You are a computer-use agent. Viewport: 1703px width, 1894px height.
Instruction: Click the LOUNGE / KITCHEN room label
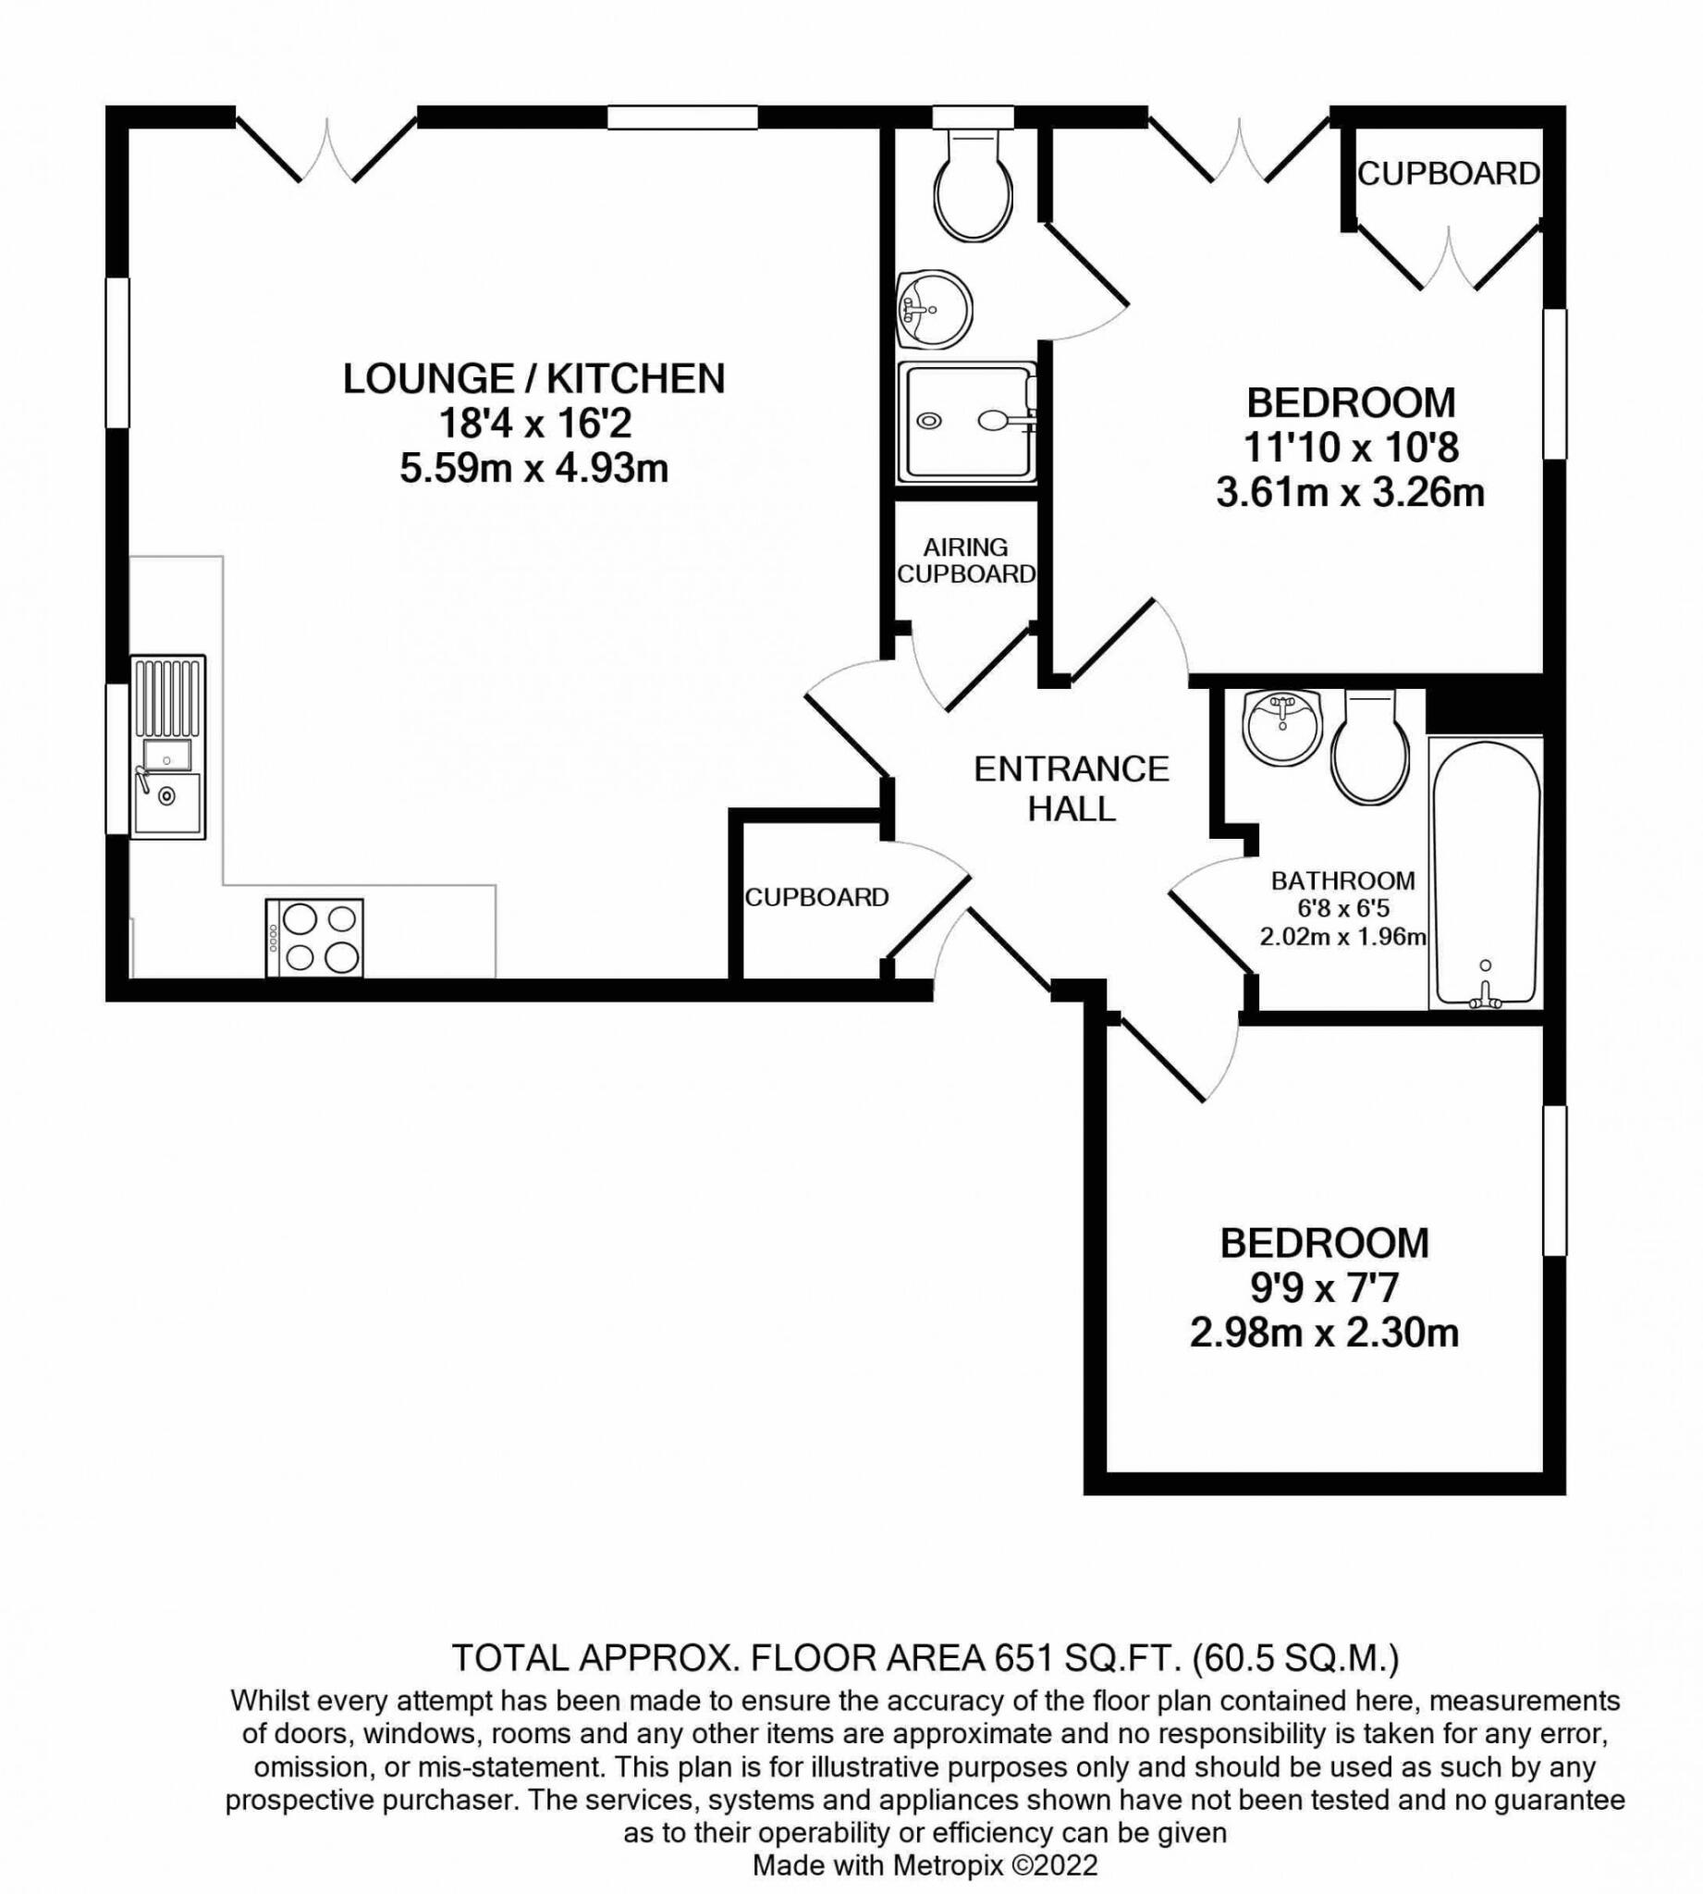533,379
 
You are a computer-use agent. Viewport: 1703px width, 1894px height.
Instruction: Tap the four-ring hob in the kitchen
314,939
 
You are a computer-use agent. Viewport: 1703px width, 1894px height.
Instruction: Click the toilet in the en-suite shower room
974,187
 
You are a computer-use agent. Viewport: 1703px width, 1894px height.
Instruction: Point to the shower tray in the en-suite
966,423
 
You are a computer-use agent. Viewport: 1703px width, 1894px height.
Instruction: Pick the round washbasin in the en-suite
934,309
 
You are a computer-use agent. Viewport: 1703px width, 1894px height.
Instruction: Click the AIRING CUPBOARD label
965,560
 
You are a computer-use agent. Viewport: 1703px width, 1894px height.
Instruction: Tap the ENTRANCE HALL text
1072,788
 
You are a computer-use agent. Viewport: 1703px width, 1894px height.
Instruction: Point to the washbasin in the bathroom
1282,727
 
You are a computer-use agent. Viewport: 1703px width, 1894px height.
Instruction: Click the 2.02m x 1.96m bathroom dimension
1342,936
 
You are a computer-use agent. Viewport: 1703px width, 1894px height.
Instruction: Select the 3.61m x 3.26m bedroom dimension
1350,492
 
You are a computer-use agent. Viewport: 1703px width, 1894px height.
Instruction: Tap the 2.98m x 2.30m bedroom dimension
1324,1333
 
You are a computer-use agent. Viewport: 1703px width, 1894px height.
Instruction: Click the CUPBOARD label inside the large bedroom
1448,174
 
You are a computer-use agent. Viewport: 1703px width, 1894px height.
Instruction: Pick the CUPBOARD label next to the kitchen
816,897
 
